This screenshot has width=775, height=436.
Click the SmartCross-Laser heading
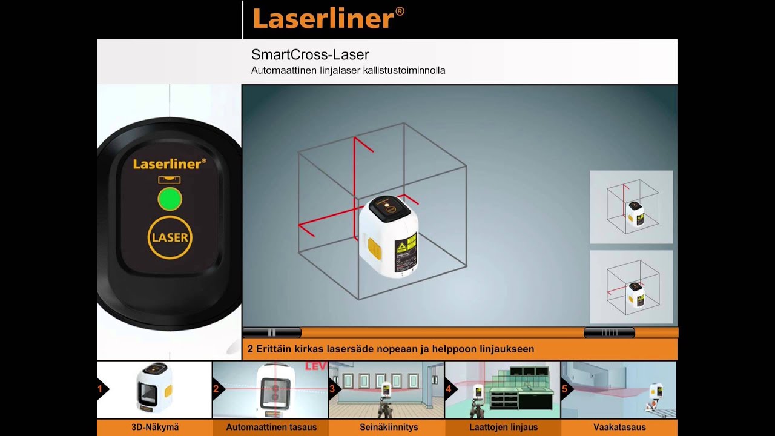click(x=310, y=55)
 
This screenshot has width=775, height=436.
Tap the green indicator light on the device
click(x=170, y=199)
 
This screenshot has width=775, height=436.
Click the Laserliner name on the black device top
click(x=170, y=163)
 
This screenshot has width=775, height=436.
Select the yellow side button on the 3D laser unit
click(x=375, y=249)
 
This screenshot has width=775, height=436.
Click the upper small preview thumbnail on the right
click(x=632, y=207)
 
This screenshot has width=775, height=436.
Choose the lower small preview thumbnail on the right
click(x=632, y=287)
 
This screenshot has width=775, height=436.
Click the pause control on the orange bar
click(x=272, y=332)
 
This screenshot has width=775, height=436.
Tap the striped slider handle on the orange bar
click(x=609, y=332)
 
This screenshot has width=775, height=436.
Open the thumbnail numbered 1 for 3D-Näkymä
click(x=154, y=389)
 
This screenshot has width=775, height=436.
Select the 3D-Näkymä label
click(x=155, y=428)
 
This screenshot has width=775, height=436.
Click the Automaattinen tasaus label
click(x=271, y=428)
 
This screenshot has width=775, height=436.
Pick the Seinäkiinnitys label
click(x=389, y=428)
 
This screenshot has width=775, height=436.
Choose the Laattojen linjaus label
click(x=503, y=428)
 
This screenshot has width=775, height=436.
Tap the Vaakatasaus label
click(x=619, y=428)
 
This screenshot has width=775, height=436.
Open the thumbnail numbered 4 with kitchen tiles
click(x=503, y=389)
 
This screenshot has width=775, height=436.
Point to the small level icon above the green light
click(x=170, y=180)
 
